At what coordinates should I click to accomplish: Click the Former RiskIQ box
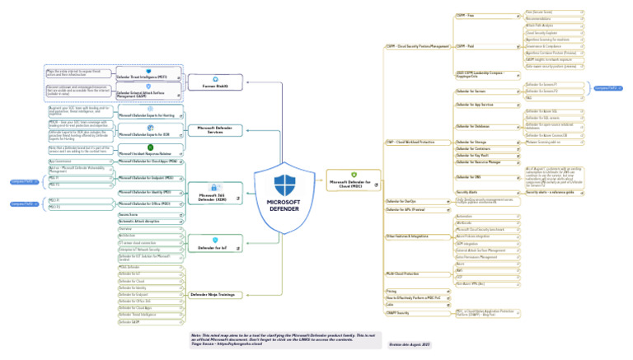[215, 84]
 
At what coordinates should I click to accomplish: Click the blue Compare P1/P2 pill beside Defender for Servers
[607, 87]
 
